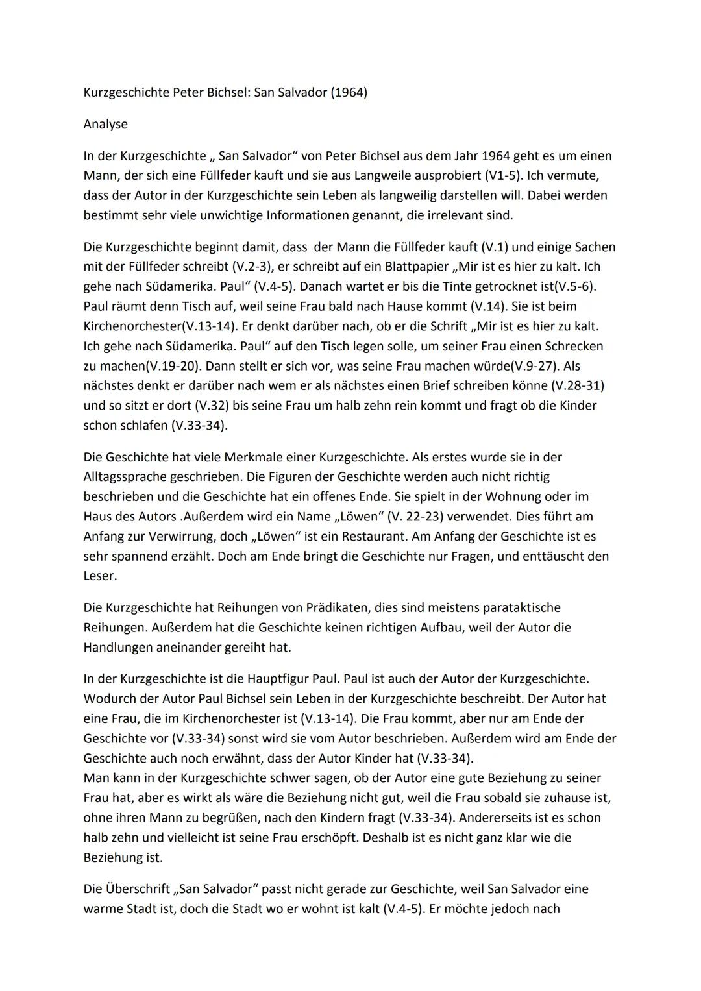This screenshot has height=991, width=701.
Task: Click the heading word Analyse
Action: [105, 124]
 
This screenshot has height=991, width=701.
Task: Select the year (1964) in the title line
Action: [349, 92]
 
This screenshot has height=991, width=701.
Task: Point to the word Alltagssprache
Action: [124, 477]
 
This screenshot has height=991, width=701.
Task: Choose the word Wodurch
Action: [108, 699]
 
